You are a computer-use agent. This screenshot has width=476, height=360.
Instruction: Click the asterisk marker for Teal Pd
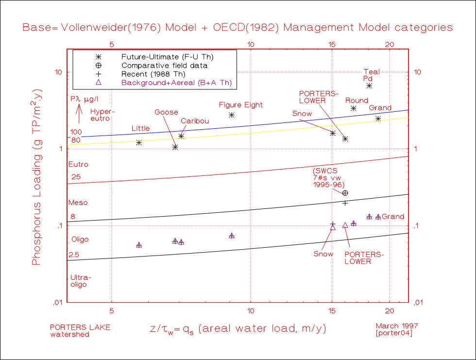pos(369,86)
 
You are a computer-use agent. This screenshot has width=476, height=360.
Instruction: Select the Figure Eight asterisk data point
pos(232,115)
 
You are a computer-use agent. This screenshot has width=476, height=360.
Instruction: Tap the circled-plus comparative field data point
pos(345,193)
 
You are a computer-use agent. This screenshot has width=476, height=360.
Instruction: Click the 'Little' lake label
pos(140,128)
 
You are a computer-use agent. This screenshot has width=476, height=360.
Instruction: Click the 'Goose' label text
pos(166,112)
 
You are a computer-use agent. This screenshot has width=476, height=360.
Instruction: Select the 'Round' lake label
pos(357,101)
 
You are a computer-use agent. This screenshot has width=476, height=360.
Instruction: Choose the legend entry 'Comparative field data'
pos(164,65)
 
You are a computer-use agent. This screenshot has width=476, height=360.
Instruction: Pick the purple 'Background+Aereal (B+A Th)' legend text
pos(176,83)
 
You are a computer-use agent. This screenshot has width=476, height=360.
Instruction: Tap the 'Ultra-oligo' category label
pos(81,281)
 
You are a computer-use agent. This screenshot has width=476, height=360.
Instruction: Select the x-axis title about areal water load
pos(238,328)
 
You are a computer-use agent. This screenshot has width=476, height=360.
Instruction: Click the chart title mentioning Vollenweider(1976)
pos(238,27)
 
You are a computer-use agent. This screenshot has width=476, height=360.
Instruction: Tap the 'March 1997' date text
pos(397,326)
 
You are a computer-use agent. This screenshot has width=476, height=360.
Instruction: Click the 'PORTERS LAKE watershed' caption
pos(80,330)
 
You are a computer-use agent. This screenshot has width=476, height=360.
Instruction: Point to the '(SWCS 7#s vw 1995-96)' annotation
pos(329,178)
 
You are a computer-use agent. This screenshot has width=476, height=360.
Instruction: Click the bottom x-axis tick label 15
pos(332,309)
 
